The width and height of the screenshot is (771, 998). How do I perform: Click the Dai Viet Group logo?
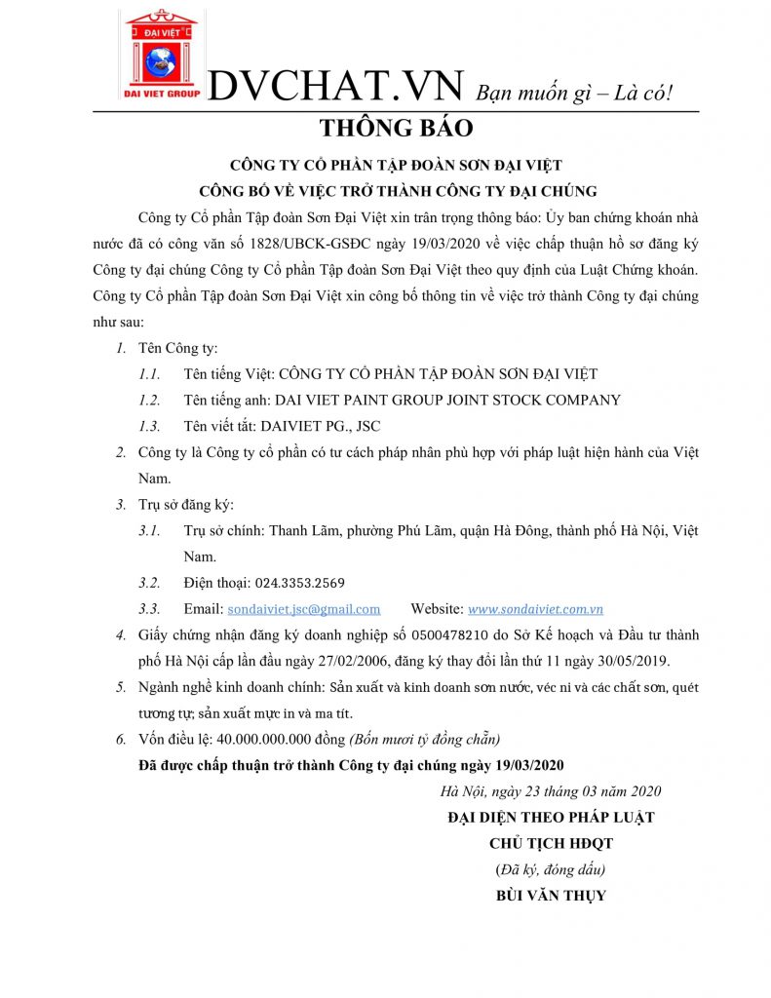click(161, 56)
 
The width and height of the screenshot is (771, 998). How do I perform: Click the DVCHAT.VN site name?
click(336, 87)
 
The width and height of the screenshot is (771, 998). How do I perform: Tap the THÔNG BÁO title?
click(396, 128)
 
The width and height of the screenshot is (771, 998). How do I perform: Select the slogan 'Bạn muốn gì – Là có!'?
click(574, 93)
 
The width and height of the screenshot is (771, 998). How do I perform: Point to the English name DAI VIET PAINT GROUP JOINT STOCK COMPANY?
click(448, 400)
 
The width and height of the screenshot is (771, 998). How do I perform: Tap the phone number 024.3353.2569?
click(300, 583)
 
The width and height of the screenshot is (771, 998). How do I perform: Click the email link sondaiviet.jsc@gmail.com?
click(303, 609)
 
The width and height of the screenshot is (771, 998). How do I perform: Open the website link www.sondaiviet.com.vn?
click(535, 609)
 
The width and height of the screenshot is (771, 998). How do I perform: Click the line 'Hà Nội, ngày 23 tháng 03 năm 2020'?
click(551, 790)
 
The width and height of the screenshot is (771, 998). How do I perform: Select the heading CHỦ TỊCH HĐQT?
click(551, 843)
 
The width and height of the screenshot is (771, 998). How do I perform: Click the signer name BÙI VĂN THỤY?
click(551, 895)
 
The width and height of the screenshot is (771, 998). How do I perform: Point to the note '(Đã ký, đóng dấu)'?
click(551, 868)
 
